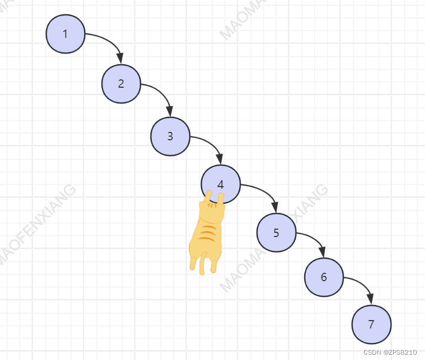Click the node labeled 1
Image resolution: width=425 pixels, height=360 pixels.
point(65,34)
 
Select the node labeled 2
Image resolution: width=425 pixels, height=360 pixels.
point(121,84)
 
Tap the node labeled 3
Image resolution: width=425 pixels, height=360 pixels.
point(170,136)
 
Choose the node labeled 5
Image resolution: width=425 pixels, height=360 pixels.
point(276,233)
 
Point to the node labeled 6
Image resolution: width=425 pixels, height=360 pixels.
point(324,277)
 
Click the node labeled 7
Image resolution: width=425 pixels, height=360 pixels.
point(371,324)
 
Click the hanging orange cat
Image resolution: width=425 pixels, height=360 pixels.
point(206,234)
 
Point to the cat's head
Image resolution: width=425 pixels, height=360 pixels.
point(212,209)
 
